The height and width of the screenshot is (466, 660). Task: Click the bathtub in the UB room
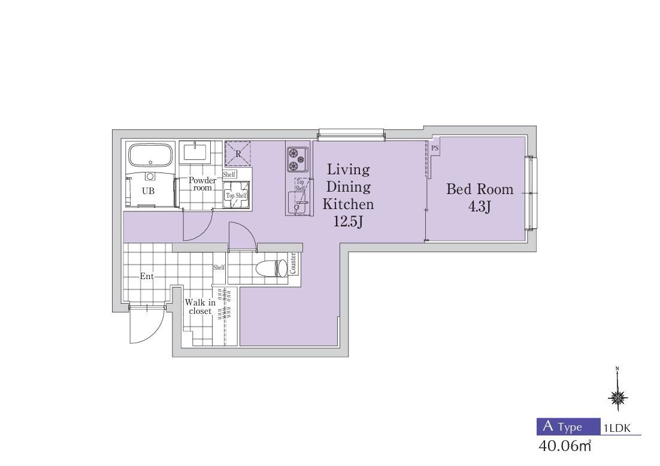click(150, 156)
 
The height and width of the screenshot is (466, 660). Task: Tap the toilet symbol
click(271, 268)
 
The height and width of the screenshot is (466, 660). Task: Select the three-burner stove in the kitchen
click(298, 159)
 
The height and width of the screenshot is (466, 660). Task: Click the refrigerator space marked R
click(238, 154)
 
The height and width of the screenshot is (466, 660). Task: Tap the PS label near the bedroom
click(435, 148)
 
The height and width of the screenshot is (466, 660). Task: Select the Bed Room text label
click(480, 189)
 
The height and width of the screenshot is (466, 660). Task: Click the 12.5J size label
click(348, 221)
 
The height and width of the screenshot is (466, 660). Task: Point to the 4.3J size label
click(480, 207)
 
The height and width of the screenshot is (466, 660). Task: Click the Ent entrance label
click(147, 276)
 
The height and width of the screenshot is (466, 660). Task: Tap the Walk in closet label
click(200, 307)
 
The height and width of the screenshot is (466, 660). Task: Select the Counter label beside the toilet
click(293, 263)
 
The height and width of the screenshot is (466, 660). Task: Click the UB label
click(148, 191)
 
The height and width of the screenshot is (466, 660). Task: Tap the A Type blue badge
click(568, 426)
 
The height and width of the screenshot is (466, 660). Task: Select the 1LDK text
click(617, 428)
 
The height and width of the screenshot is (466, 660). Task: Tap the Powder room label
click(202, 184)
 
